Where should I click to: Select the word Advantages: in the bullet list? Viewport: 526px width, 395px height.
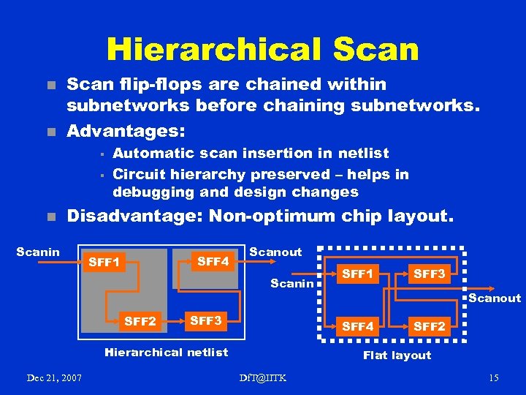(x=126, y=131)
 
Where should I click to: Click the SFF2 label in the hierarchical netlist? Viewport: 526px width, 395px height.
(x=140, y=320)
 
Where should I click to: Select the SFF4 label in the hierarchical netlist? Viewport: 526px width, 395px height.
(x=213, y=260)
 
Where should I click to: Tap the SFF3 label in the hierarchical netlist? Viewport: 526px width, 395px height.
(x=205, y=320)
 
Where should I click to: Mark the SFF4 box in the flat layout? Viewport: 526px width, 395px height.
(x=358, y=326)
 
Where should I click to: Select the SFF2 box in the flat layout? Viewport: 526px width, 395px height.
(x=429, y=326)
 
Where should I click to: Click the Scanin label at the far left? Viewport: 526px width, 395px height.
(x=38, y=252)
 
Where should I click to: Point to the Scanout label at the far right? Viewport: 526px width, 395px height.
(x=495, y=298)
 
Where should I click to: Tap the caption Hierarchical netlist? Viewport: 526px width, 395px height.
(x=167, y=353)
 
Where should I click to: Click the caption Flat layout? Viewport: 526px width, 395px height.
(x=397, y=355)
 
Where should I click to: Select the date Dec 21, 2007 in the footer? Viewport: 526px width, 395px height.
(x=54, y=377)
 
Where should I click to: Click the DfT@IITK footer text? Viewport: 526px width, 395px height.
(x=262, y=377)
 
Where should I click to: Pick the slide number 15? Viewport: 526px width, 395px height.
(x=494, y=377)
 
